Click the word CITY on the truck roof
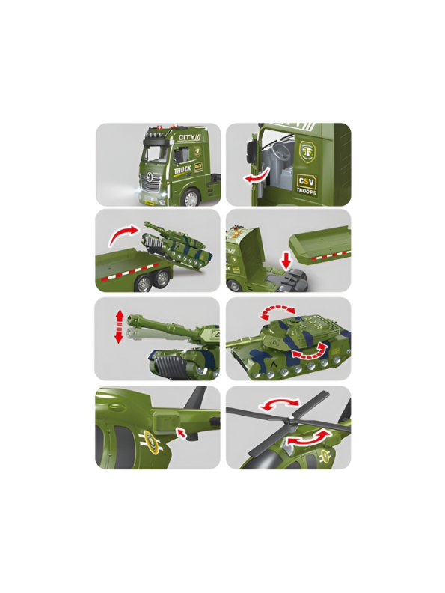[186, 138]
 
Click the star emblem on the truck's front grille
[153, 178]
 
